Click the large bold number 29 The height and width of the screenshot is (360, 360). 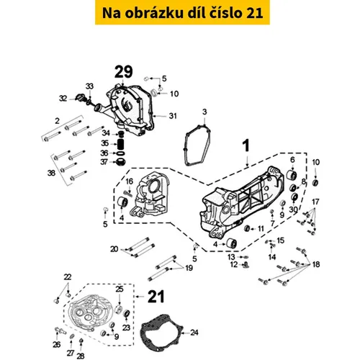point(124,71)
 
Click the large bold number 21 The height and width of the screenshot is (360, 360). point(156,297)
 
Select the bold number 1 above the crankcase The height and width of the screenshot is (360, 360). point(246,145)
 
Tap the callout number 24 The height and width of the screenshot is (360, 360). point(194,333)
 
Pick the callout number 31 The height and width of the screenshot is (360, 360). point(173,116)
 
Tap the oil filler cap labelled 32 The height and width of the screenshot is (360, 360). point(79,97)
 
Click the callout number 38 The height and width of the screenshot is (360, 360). point(51,173)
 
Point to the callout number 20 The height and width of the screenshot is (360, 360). point(114,249)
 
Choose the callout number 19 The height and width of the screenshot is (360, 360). point(189,268)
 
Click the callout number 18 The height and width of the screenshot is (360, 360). point(316,264)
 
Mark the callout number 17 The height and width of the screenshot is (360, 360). point(315,202)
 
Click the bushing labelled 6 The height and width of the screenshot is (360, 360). point(292,176)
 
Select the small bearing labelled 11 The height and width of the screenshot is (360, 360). point(247,228)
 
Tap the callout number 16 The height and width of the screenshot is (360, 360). point(129,181)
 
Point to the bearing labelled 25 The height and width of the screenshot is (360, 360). point(119,309)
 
